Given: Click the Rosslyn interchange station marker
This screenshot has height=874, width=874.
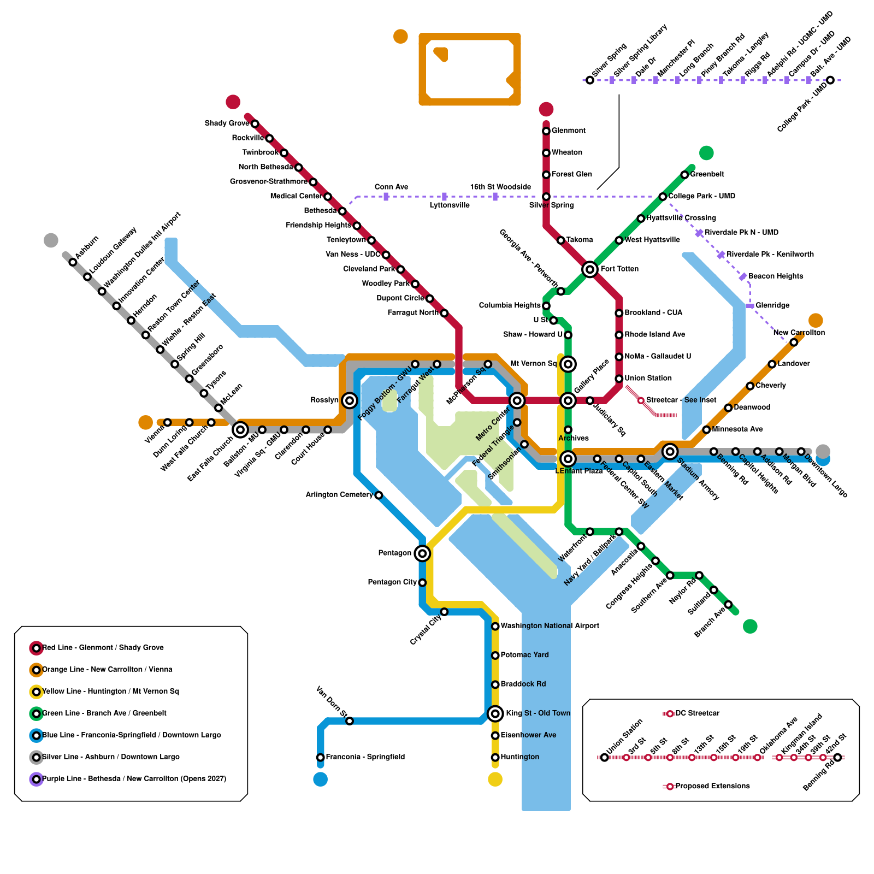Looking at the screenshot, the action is (x=350, y=400).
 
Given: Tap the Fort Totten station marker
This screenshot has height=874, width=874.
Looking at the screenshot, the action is (x=589, y=269).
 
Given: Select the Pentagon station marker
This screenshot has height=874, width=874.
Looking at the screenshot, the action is (x=422, y=553).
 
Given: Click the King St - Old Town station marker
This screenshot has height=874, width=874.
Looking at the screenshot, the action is (x=495, y=713).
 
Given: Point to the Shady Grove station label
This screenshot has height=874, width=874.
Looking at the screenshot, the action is (x=227, y=123).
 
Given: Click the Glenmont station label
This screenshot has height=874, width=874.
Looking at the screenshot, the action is (x=568, y=131).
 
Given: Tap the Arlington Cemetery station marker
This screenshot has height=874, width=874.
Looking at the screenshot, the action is (x=379, y=495).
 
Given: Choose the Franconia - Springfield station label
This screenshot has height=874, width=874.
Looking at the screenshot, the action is (x=365, y=757).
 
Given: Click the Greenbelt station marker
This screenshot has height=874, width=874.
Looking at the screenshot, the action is (x=684, y=175).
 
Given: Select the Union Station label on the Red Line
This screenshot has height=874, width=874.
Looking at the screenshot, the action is (x=648, y=378).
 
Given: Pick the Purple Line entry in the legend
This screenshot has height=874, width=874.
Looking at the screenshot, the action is (x=134, y=779).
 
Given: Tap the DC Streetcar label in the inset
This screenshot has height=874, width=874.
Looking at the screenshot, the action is (x=697, y=713).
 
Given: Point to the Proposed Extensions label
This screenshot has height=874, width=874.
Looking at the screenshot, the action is (x=712, y=786).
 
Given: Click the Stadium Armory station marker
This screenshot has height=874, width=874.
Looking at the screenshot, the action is (x=670, y=451).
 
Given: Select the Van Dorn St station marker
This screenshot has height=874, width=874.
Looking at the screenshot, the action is (x=350, y=721).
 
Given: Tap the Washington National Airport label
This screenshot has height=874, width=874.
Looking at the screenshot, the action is (x=550, y=626).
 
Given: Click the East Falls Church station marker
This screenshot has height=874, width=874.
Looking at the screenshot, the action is (x=240, y=430).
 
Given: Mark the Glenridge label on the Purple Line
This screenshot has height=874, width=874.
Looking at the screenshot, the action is (x=772, y=305).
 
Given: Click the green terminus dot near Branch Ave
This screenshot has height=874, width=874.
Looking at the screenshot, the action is (x=750, y=626).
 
